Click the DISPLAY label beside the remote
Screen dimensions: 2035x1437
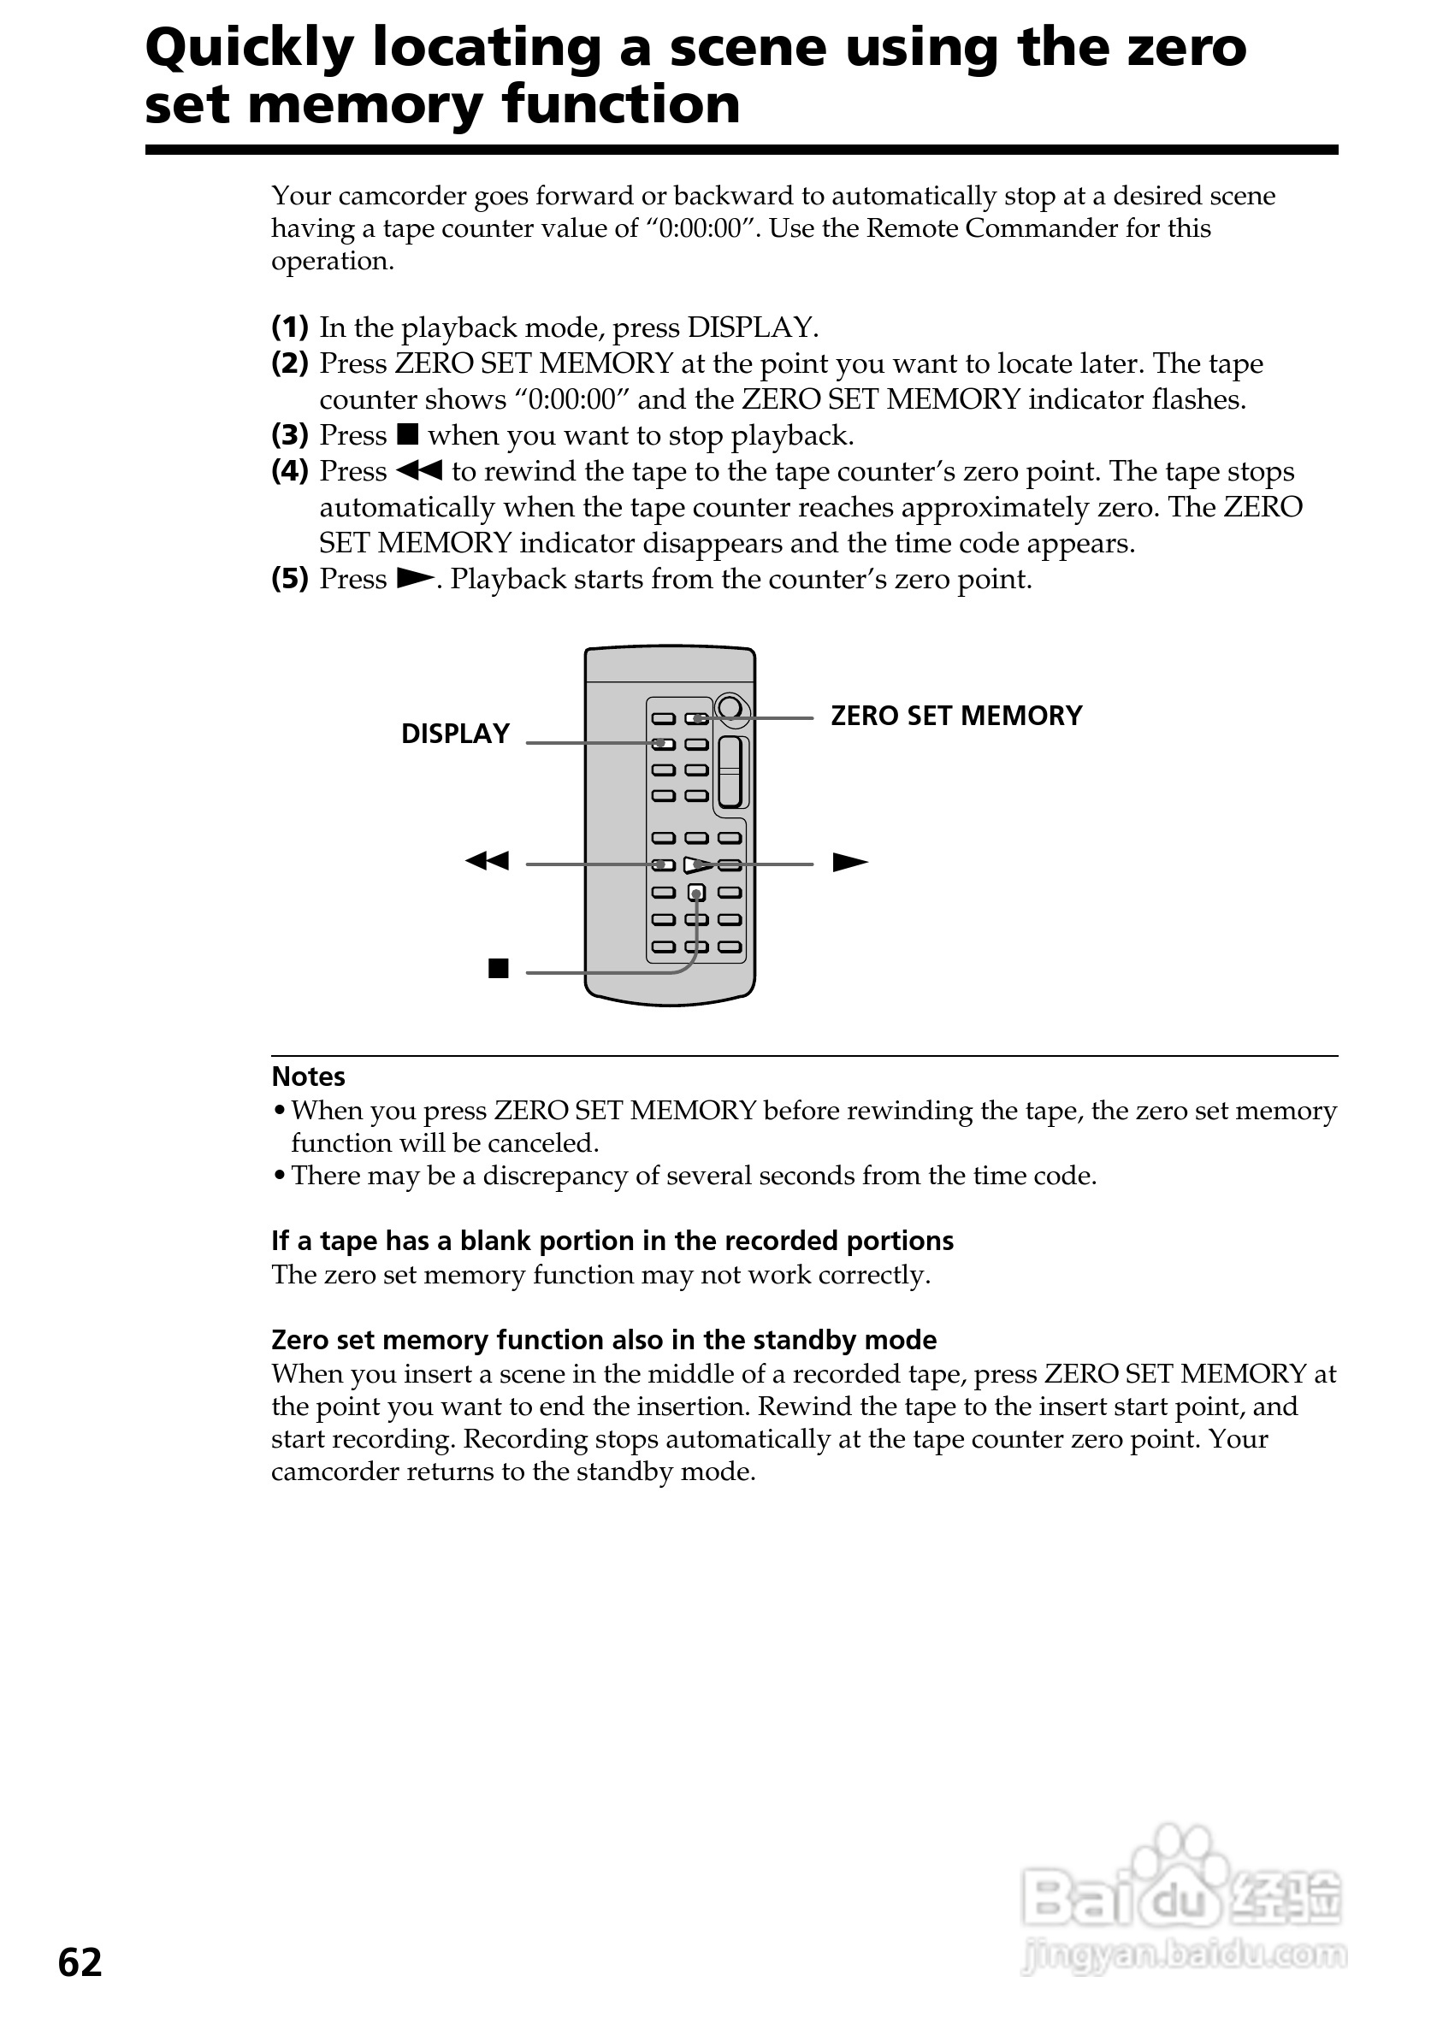(455, 734)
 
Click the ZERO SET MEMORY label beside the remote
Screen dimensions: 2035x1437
(955, 717)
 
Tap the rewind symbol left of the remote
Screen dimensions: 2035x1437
(487, 861)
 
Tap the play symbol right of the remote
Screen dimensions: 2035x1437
(849, 863)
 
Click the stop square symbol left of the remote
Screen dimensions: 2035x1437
(498, 969)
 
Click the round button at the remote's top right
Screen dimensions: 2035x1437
(730, 707)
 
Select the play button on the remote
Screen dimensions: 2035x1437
(698, 864)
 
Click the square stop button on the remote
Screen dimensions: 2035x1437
(697, 892)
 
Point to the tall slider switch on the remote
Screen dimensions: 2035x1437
(731, 771)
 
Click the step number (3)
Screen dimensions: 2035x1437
(290, 435)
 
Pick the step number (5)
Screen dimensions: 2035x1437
(290, 579)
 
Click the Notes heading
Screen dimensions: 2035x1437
(308, 1076)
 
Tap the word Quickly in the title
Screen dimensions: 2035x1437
(249, 50)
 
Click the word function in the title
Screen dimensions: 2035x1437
(620, 105)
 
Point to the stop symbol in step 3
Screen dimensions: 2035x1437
(408, 434)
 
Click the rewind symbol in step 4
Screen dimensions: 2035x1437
(418, 470)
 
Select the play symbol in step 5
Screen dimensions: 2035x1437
(414, 578)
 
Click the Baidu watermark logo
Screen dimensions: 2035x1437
(1183, 1896)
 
